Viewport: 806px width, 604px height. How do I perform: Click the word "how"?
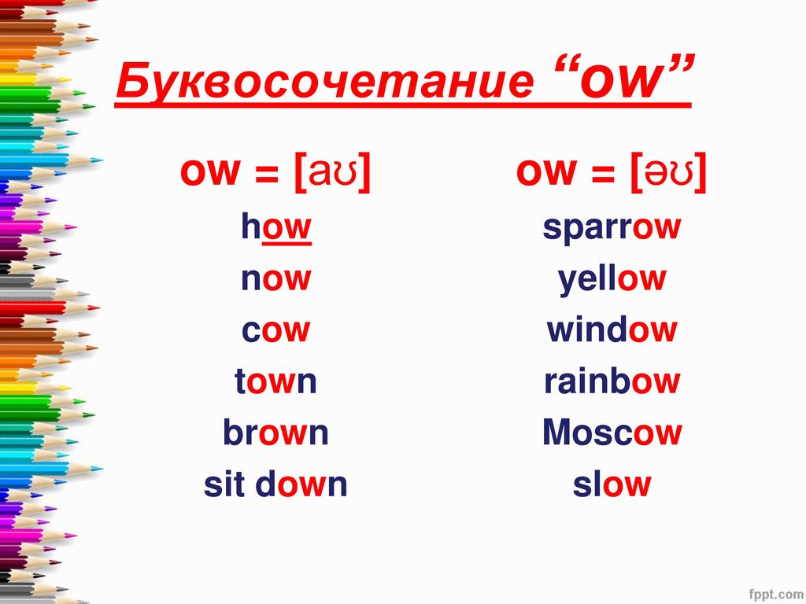point(276,227)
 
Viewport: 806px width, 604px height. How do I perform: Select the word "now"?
point(276,279)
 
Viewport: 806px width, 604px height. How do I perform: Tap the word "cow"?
point(276,330)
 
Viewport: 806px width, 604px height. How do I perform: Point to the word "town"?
point(275,381)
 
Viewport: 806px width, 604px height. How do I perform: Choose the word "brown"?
point(275,432)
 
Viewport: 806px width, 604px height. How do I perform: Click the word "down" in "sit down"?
point(301,484)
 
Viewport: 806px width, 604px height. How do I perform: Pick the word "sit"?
point(224,484)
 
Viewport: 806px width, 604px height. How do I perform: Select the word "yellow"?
point(612,280)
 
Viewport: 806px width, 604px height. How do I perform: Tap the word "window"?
point(612,330)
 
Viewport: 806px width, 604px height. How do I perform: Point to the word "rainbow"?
point(612,381)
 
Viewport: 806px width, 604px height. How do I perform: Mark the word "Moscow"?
point(612,432)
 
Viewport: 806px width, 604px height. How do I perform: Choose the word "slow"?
point(612,484)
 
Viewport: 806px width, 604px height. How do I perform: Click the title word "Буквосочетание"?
point(325,81)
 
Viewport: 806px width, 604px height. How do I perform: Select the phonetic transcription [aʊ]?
point(333,172)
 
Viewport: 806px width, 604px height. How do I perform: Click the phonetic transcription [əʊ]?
point(668,172)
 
